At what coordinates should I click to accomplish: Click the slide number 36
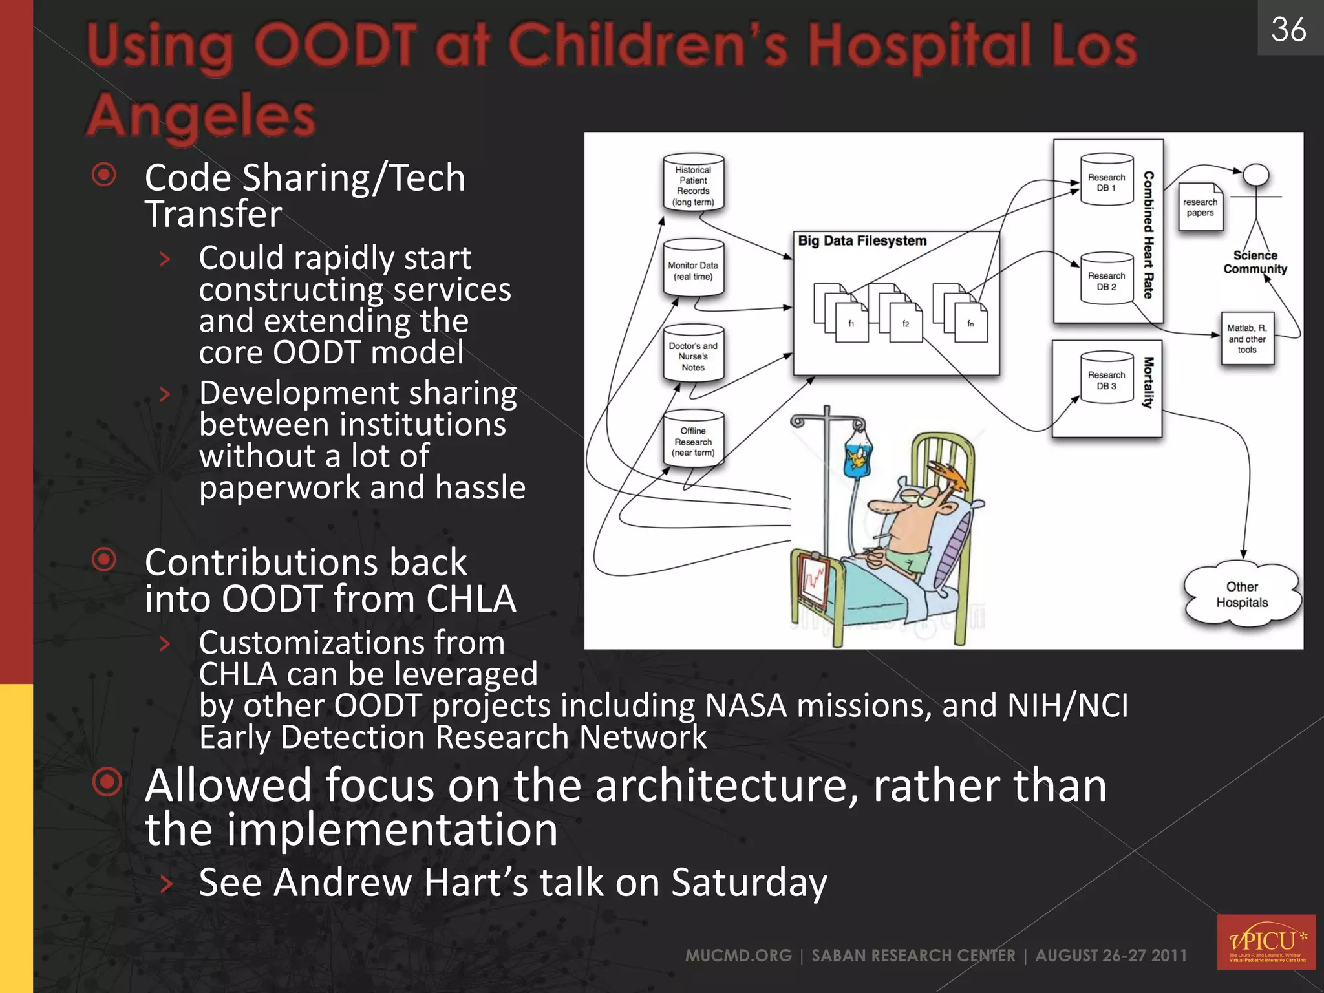(x=1288, y=30)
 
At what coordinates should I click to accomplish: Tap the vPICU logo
(x=1266, y=941)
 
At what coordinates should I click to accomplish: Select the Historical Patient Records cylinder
(x=693, y=184)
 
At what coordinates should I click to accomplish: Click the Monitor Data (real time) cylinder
(x=693, y=269)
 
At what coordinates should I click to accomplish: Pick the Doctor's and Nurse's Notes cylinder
(x=693, y=355)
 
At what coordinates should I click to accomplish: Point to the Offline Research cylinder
(x=693, y=440)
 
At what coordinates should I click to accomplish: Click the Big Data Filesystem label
(x=862, y=241)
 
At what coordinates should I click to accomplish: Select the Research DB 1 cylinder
(x=1106, y=180)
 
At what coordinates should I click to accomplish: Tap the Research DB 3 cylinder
(x=1106, y=379)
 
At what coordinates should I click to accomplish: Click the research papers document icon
(x=1200, y=207)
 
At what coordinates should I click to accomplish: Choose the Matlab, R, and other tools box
(x=1247, y=339)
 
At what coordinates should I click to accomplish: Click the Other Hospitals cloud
(x=1242, y=594)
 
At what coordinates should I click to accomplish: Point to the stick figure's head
(x=1256, y=175)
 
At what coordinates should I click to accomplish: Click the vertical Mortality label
(x=1148, y=383)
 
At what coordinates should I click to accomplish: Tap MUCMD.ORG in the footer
(x=738, y=956)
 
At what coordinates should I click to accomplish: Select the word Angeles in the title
(x=201, y=116)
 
